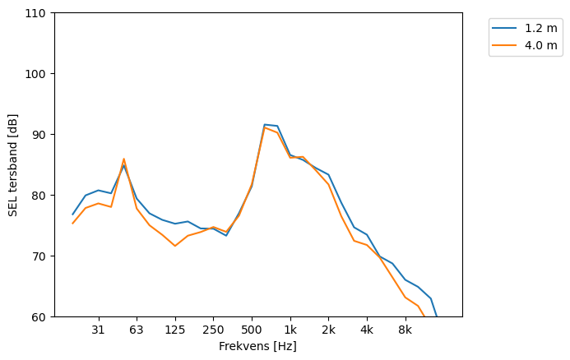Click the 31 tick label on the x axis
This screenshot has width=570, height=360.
98,330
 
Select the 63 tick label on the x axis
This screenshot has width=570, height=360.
137,330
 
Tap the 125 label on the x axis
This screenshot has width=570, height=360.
175,330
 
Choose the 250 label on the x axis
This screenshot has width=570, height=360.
213,330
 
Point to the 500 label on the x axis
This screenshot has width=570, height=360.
252,330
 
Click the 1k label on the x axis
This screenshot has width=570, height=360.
290,330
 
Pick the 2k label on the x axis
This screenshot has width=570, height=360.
328,330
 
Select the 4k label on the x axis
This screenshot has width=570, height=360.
367,330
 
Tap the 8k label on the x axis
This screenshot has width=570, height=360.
405,330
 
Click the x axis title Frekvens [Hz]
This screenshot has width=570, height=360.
257,346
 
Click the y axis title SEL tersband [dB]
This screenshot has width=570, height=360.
13,164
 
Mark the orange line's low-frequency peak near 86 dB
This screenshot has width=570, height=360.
123,159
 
